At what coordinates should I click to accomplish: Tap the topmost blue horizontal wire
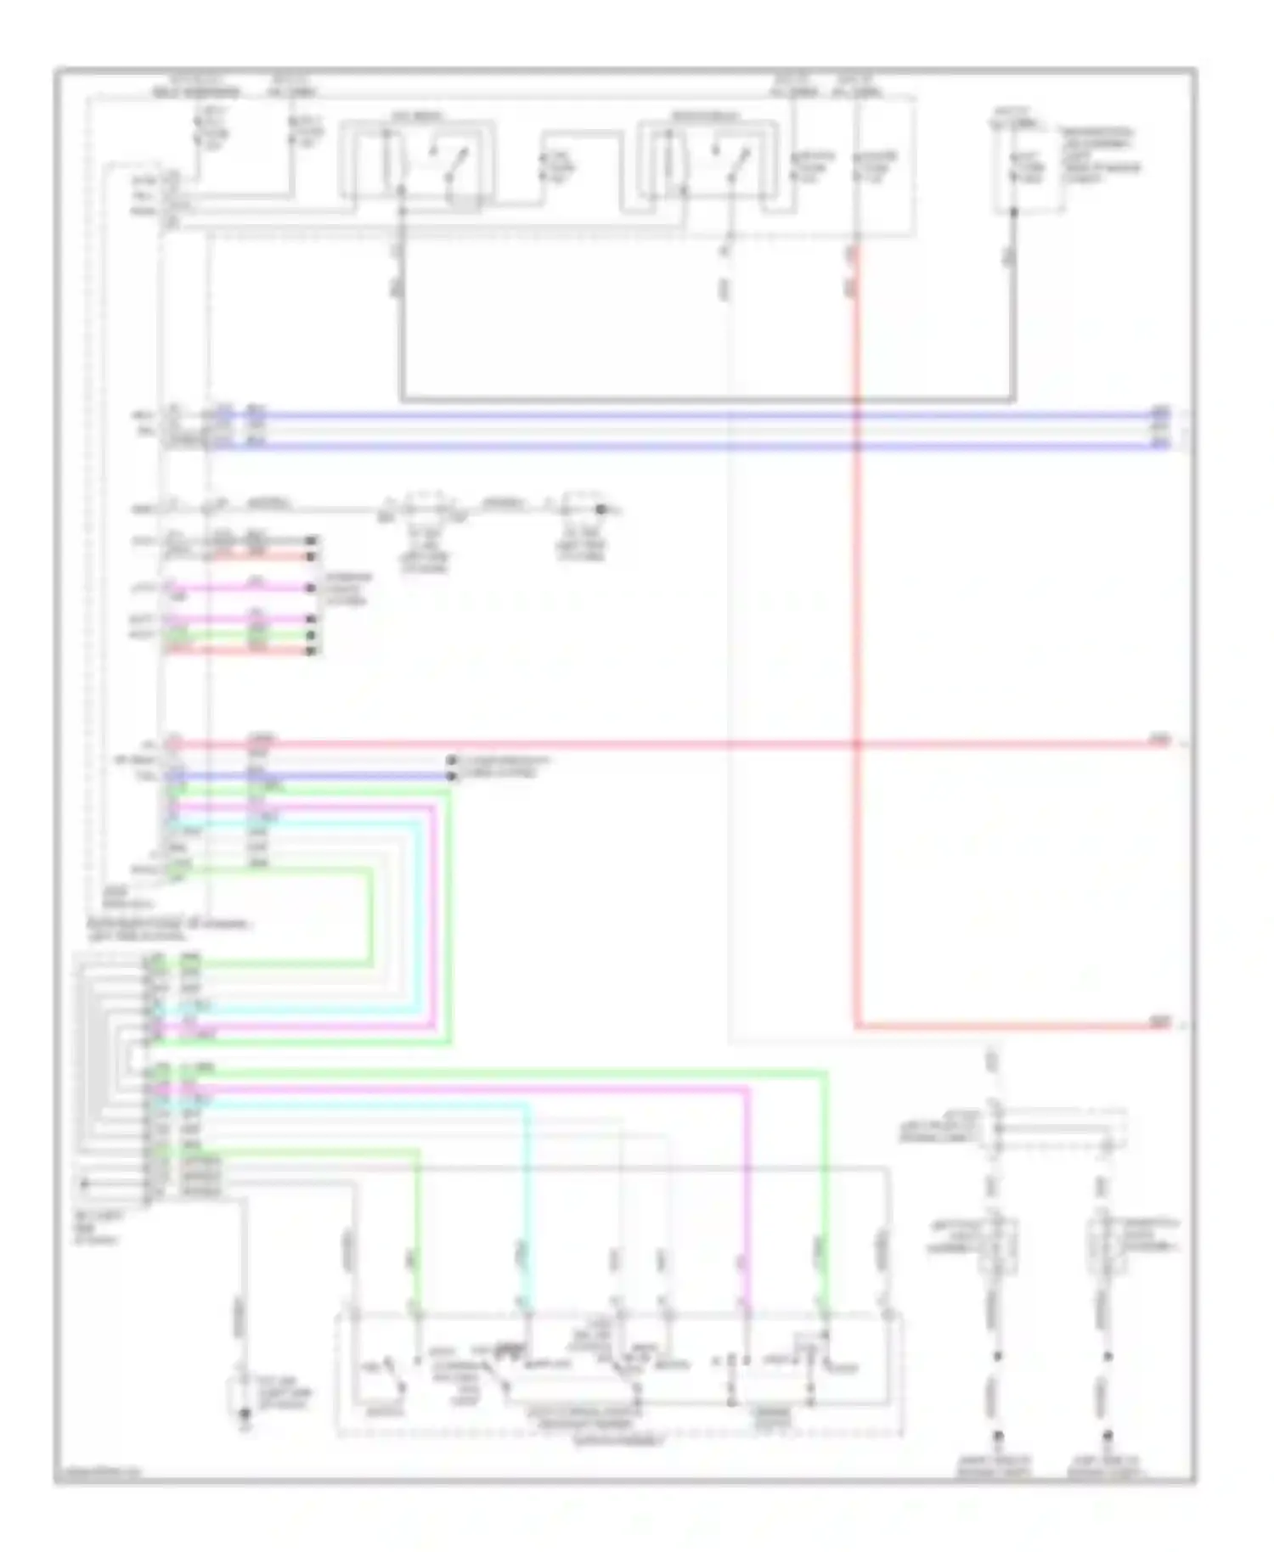(x=679, y=416)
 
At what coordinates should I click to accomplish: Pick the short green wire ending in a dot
(x=280, y=635)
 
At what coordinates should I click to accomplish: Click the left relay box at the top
(x=416, y=166)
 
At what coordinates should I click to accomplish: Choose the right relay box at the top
(x=707, y=166)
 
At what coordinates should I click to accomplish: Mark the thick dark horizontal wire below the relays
(x=705, y=398)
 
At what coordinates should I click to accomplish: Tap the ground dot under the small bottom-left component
(x=244, y=1414)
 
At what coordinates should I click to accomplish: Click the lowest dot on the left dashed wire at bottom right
(x=998, y=1435)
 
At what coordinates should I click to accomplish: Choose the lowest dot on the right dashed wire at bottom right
(x=1107, y=1435)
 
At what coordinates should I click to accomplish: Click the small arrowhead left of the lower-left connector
(x=83, y=1183)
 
